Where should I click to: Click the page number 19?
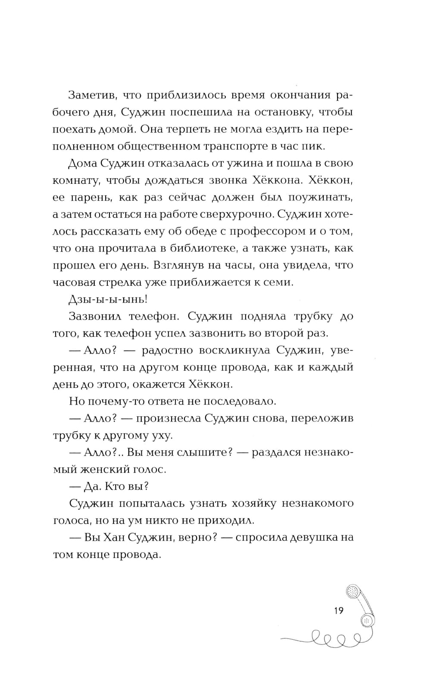[x=338, y=610]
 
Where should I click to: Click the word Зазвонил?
[x=94, y=316]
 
